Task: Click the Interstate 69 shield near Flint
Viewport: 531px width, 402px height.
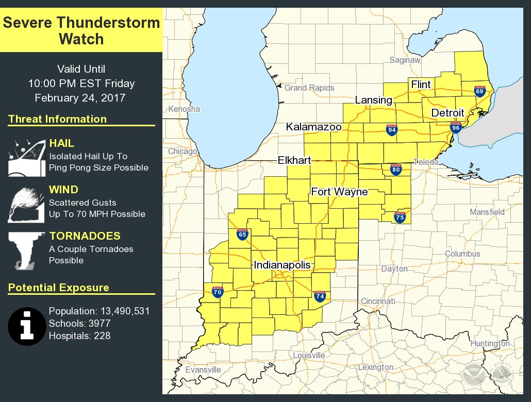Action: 480,91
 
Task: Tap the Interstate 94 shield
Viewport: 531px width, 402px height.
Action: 392,129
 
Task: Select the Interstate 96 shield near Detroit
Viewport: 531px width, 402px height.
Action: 455,127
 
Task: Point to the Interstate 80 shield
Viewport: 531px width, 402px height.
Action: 396,170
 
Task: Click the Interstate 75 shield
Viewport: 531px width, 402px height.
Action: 400,217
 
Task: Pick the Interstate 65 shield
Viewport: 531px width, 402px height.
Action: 242,234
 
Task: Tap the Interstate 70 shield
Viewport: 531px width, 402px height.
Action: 218,293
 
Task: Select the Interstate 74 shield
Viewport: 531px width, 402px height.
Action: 320,296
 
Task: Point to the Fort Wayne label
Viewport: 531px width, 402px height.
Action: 339,192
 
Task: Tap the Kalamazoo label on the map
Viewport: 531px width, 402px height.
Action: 314,126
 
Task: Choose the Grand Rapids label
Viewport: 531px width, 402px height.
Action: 309,88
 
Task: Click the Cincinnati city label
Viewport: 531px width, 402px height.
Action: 378,301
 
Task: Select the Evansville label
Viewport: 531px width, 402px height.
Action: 203,370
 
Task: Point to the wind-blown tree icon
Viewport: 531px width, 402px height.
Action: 24,205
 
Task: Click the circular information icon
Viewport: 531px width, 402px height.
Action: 27,326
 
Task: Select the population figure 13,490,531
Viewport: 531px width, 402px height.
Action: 122,311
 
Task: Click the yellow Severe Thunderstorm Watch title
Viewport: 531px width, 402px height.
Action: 81,31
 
